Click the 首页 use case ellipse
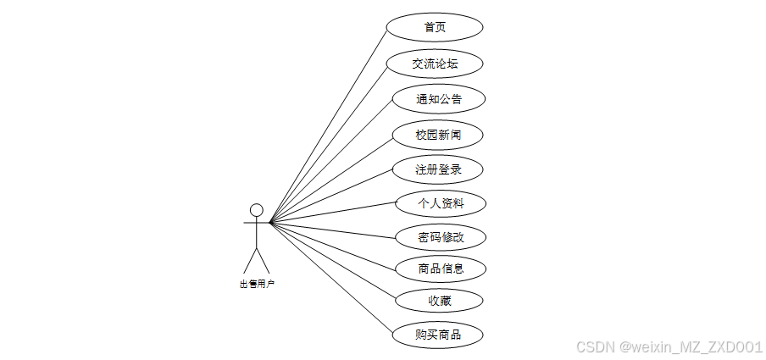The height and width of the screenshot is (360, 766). tap(435, 27)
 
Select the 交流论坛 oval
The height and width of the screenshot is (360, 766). tap(435, 64)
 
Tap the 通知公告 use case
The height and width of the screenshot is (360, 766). tap(439, 99)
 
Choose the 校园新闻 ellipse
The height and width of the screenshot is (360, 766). tap(438, 135)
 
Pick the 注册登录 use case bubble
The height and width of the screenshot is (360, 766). tap(438, 169)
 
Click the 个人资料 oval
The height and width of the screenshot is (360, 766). tap(441, 203)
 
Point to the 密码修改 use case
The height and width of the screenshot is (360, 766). tap(441, 236)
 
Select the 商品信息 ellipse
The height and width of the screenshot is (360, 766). tap(441, 269)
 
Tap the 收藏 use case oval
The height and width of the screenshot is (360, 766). tap(441, 301)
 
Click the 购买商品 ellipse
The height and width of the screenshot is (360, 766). tap(438, 335)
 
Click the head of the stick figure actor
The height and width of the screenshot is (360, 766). tap(256, 209)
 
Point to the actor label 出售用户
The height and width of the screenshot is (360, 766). tap(257, 285)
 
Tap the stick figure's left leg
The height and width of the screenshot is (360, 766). tap(250, 261)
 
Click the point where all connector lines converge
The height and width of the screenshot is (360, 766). tap(270, 223)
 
